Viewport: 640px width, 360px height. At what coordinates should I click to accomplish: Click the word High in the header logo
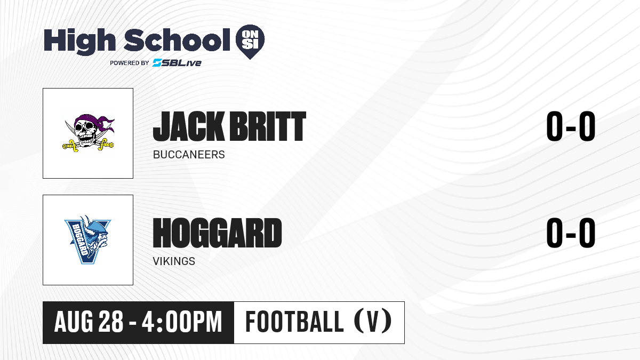pos(79,41)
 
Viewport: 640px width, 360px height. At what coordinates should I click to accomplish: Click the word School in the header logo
pos(177,40)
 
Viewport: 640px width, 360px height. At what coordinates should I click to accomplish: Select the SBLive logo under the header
pos(177,62)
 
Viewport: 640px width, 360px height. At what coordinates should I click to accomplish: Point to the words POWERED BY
pos(130,63)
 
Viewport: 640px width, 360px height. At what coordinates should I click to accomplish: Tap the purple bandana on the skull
pos(93,122)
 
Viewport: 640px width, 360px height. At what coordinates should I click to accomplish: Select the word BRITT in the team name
pos(268,126)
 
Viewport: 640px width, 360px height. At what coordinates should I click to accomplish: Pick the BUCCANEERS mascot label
pos(189,155)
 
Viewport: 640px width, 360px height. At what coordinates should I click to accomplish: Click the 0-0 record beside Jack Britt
pos(571,126)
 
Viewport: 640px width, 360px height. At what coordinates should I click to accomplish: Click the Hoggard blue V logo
pos(87,239)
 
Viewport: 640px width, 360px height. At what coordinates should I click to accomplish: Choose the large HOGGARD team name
pos(218,233)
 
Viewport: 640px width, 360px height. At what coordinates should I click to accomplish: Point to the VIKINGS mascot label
pos(174,261)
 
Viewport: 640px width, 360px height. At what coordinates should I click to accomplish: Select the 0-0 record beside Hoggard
pos(571,233)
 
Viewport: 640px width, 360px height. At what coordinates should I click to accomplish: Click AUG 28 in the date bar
pos(89,322)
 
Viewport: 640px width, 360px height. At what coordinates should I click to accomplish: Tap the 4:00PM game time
pos(182,322)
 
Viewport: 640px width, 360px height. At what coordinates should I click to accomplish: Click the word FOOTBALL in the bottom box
pos(294,322)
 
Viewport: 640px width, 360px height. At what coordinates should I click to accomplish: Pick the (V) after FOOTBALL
pos(373,321)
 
